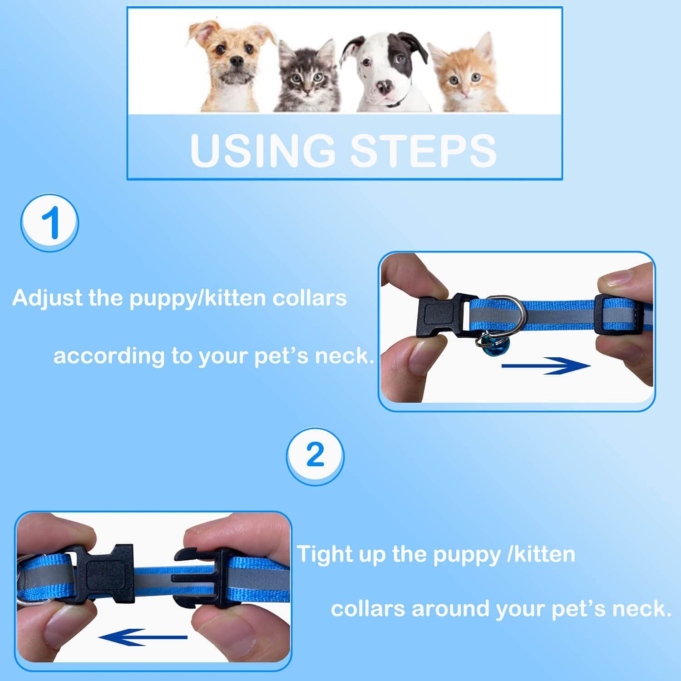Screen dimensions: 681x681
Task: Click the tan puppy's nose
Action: click(x=236, y=60)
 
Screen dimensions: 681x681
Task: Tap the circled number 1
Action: click(x=50, y=222)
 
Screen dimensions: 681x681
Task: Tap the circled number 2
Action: click(x=315, y=455)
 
